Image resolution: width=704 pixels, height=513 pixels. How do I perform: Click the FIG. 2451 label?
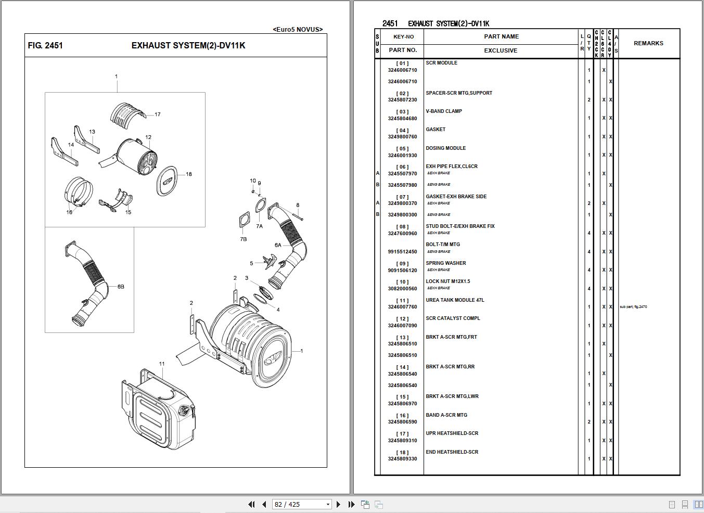click(x=45, y=46)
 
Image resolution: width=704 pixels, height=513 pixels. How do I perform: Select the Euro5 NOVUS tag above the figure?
click(x=298, y=30)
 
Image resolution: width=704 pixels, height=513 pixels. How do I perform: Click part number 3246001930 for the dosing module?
click(x=402, y=156)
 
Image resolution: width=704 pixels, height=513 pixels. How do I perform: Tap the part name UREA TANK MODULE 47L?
click(x=455, y=300)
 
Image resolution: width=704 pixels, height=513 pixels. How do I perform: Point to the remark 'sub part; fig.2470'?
click(x=633, y=307)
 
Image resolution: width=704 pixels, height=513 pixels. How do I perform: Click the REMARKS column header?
click(x=648, y=44)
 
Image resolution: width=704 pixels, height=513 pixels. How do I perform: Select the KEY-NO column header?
click(x=403, y=37)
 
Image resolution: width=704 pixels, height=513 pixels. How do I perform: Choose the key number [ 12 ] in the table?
click(x=402, y=319)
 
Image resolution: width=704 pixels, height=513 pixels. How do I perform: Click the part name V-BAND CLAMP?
click(x=444, y=111)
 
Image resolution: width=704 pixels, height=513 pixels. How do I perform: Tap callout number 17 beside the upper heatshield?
click(x=157, y=114)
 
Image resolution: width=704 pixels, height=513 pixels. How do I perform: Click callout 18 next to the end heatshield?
click(x=188, y=174)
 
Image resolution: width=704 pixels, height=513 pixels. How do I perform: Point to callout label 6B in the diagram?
click(x=121, y=287)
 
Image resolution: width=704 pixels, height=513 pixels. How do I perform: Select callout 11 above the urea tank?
click(x=162, y=364)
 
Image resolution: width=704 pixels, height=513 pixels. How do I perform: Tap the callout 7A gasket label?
click(x=259, y=226)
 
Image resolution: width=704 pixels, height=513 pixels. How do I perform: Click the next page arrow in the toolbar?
click(x=338, y=504)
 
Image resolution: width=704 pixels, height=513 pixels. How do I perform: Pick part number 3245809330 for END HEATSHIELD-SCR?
click(x=402, y=459)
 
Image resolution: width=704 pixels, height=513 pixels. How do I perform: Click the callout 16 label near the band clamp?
click(x=69, y=212)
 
